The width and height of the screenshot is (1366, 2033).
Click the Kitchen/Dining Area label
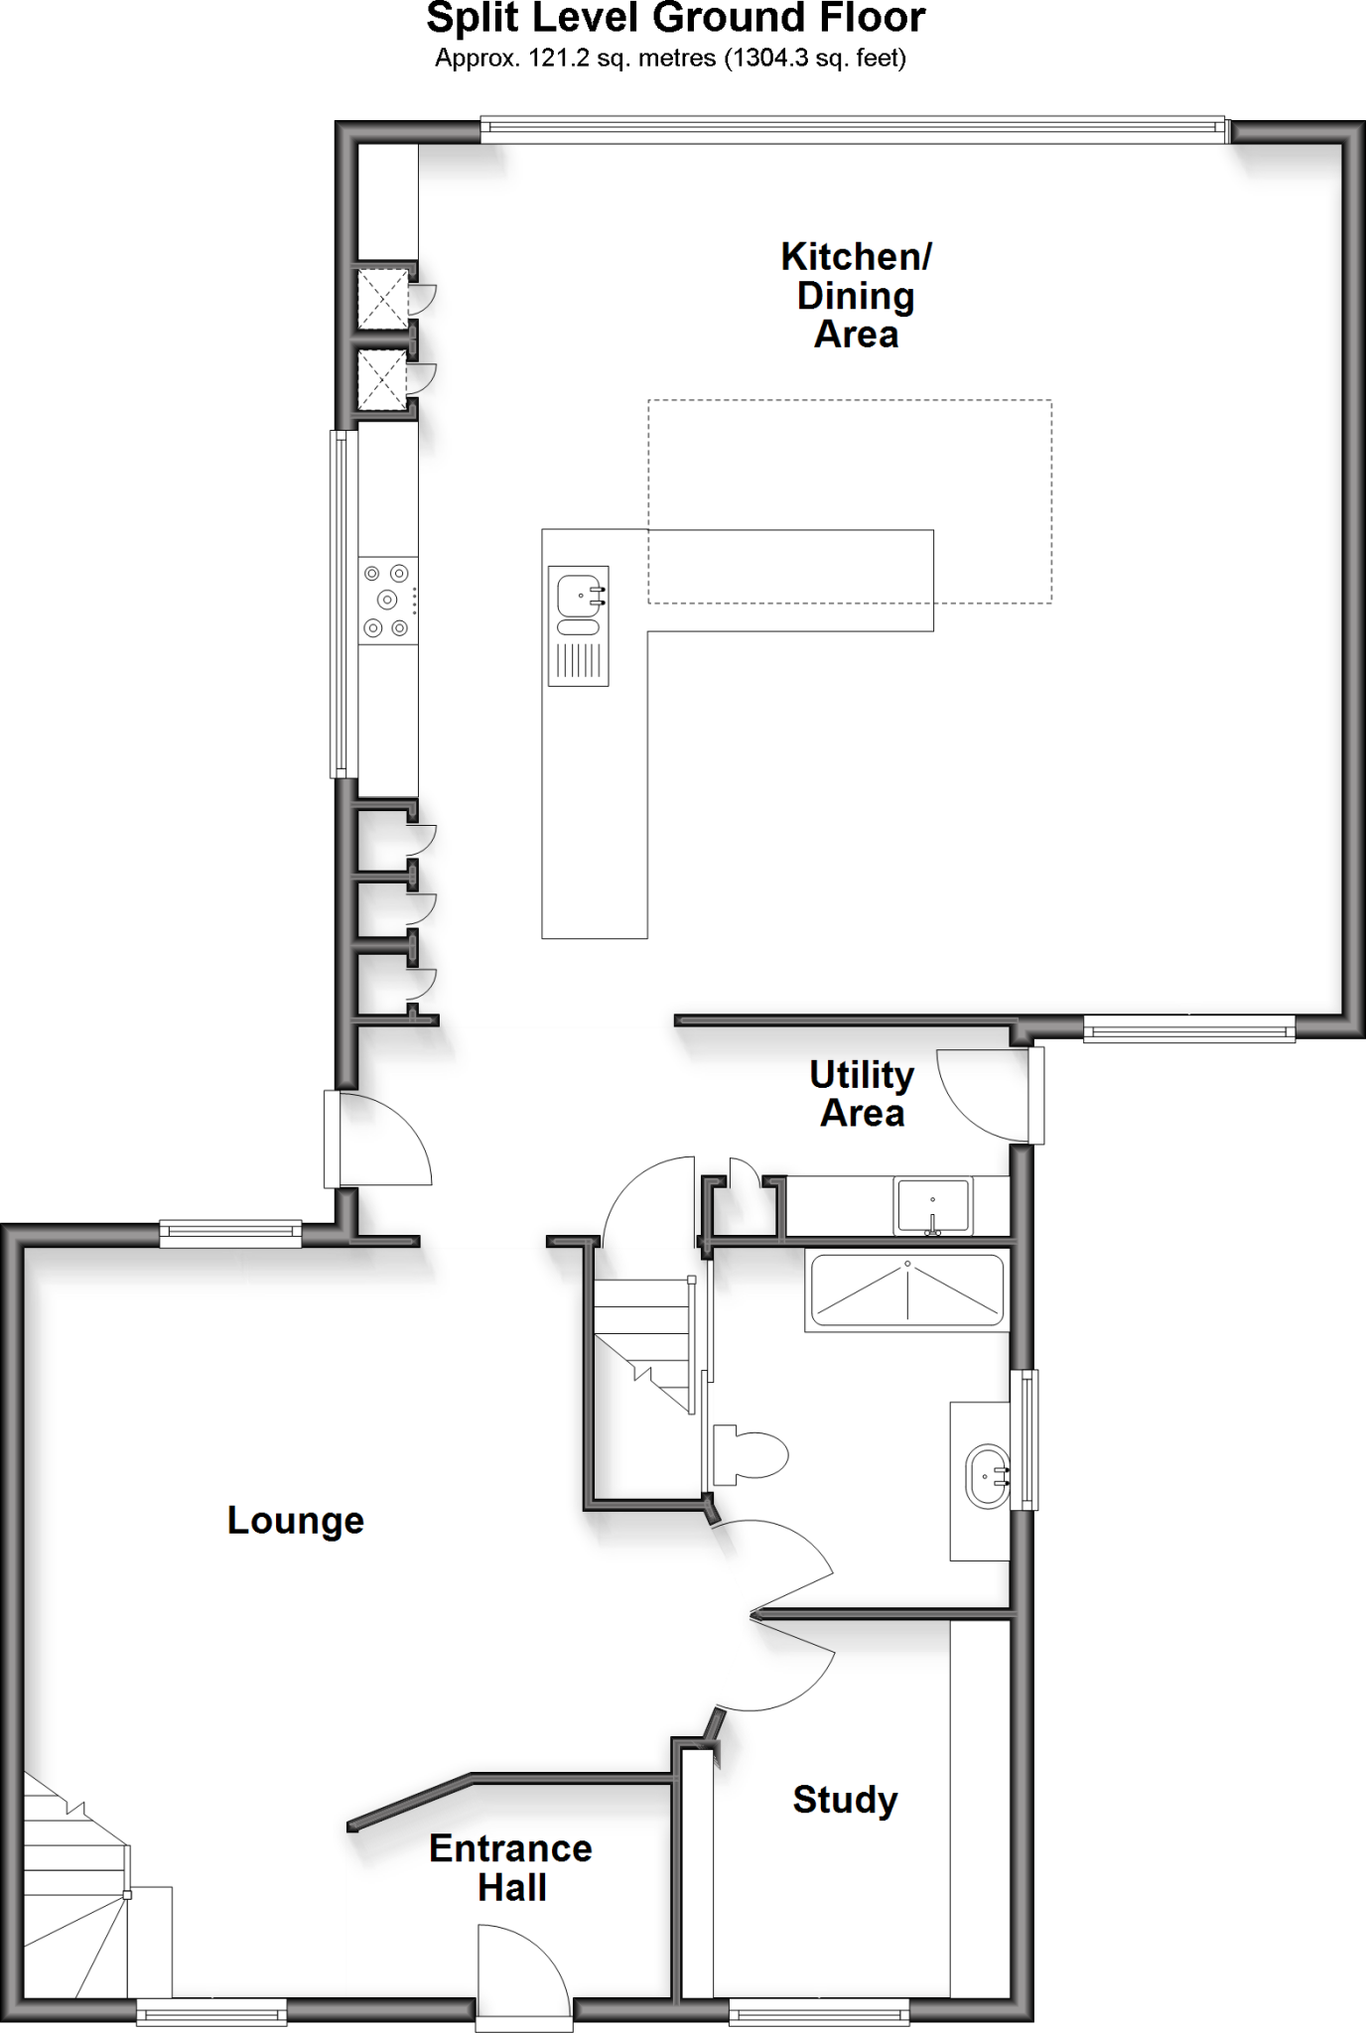856,296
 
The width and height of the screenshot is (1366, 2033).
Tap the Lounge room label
296,1520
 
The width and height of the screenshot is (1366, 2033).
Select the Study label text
845,1799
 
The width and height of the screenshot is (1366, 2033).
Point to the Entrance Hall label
510,1867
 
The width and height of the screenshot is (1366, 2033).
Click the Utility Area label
862,1094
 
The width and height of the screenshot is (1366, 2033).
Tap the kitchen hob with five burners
387,600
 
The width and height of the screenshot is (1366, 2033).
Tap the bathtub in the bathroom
906,1290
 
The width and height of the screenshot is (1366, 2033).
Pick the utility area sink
932,1205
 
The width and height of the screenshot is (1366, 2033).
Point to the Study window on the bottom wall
819,2011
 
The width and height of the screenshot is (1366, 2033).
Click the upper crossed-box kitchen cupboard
382,298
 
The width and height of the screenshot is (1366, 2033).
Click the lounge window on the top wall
230,1234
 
